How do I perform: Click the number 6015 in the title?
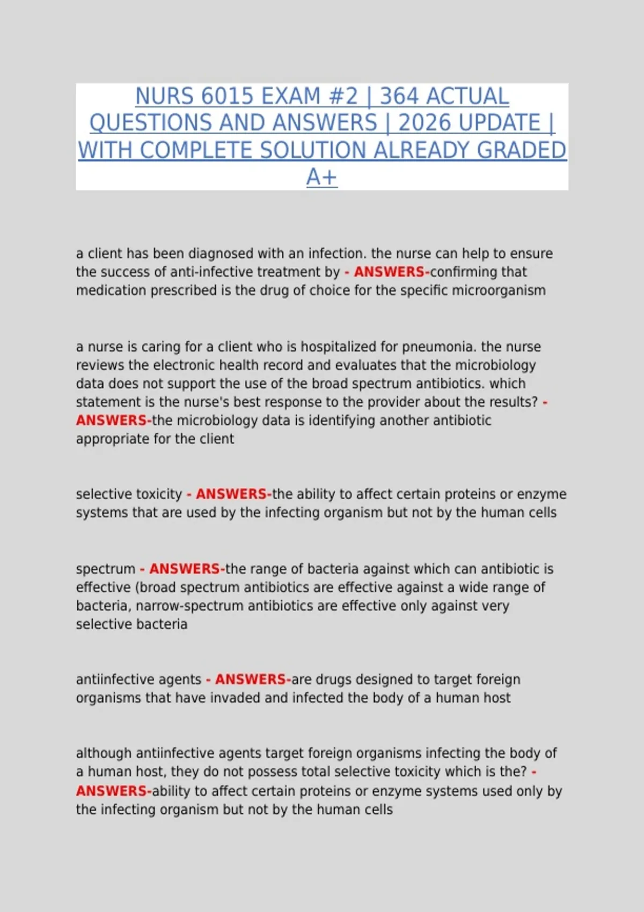point(226,97)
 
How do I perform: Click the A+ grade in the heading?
point(321,178)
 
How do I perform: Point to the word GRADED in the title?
point(521,151)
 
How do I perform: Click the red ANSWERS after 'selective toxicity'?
point(231,494)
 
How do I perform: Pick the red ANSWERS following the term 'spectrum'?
point(185,569)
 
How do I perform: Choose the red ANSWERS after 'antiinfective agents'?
point(251,680)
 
